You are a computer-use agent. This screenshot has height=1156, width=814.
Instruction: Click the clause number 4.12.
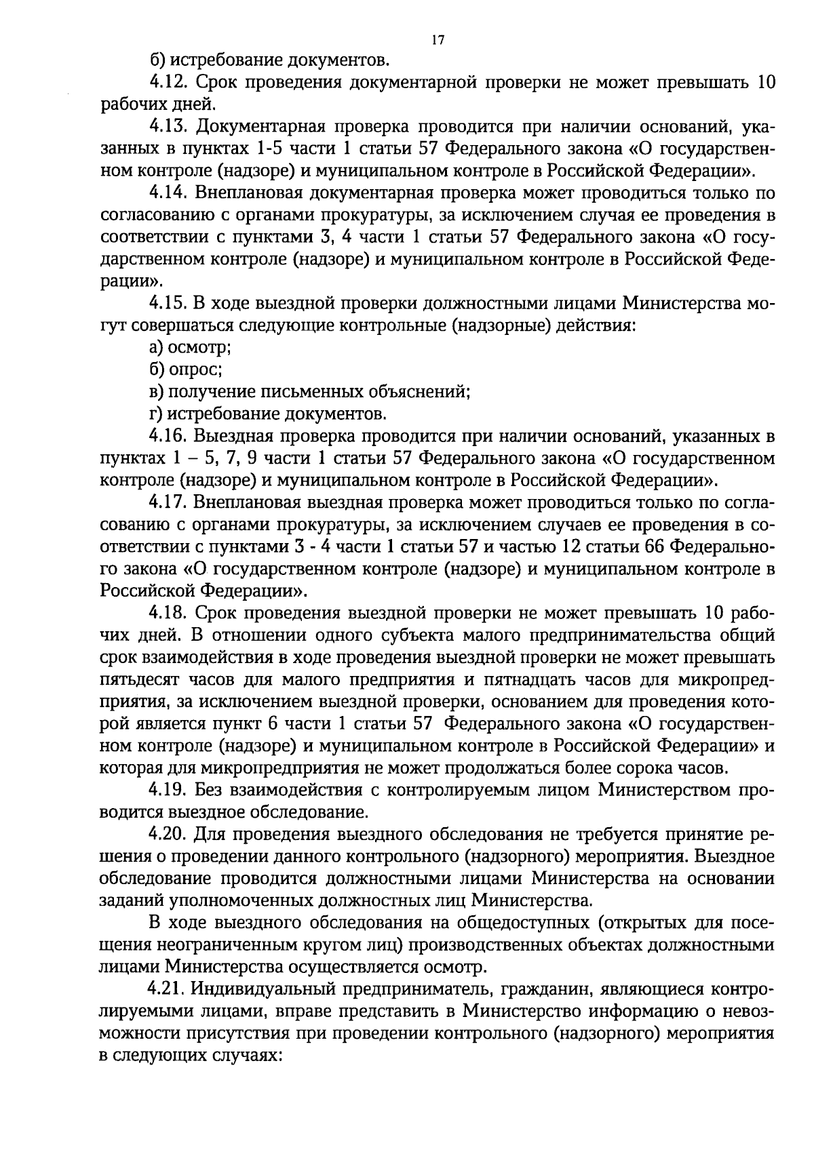[168, 83]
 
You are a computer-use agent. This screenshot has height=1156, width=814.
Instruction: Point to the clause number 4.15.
[168, 304]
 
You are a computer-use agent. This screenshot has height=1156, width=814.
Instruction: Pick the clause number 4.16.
[168, 436]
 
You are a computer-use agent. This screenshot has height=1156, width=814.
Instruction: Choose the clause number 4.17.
[168, 502]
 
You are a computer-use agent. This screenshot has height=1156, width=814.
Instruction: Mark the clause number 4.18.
[168, 614]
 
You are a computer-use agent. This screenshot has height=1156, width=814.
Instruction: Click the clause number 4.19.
[168, 790]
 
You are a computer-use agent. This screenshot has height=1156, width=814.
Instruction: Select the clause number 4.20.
[168, 834]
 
